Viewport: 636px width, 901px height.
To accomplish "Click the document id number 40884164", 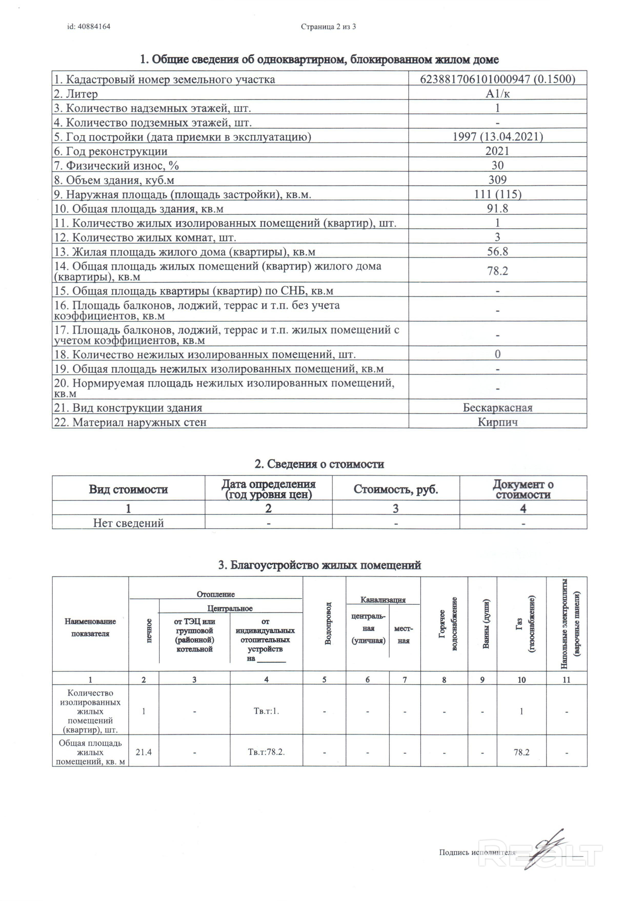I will tap(94, 27).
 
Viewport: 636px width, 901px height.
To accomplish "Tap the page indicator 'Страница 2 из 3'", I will tap(328, 27).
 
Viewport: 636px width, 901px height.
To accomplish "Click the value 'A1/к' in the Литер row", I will tap(497, 94).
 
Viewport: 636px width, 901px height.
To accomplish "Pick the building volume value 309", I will tap(497, 180).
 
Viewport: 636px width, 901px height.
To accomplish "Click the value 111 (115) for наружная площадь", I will tap(497, 194).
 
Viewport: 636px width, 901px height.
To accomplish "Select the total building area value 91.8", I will tap(497, 208).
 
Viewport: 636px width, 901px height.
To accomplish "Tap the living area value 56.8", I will tap(497, 251).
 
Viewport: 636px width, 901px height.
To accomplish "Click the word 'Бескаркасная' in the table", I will tap(497, 408).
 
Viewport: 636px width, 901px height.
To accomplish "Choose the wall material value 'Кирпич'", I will tap(497, 422).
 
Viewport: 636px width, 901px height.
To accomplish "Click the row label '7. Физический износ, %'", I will tap(116, 165).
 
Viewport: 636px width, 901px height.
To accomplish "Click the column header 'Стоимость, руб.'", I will tap(396, 489).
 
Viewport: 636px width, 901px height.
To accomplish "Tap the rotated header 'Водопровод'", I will tap(328, 623).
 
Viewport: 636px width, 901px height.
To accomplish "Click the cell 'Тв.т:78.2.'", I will tap(266, 752).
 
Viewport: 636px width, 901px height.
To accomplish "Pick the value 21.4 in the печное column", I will tap(144, 752).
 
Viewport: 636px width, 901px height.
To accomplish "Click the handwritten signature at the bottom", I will tap(547, 851).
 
